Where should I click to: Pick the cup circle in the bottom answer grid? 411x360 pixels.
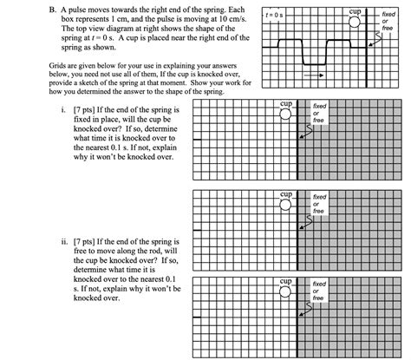286,293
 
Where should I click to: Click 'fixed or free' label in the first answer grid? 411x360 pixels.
319,113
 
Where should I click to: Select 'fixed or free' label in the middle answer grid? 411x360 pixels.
319,203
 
